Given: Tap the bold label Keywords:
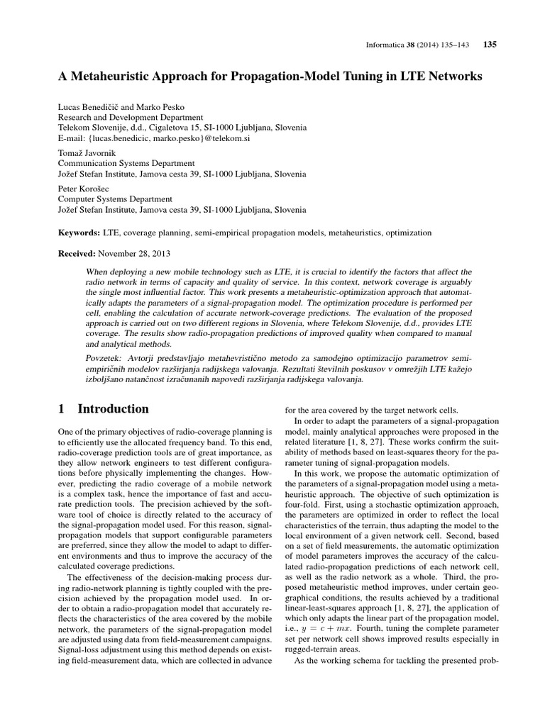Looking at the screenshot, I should (79, 232).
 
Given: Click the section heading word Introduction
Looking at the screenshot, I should (113, 409).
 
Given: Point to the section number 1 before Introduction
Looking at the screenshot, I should (61, 409).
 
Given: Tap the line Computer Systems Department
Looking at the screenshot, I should (114, 199).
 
